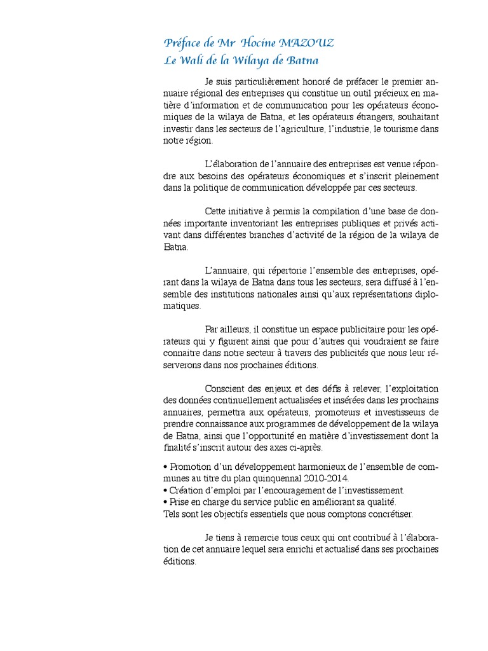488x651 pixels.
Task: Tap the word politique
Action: coord(202,188)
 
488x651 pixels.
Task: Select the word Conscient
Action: coord(225,388)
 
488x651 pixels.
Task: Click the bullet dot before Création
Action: coord(165,490)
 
